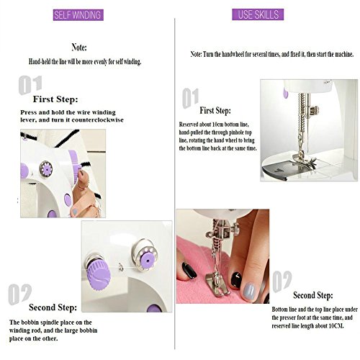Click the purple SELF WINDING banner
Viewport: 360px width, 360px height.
pos(78,15)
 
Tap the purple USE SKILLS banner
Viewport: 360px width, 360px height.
pos(258,14)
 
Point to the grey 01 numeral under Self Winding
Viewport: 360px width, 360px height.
pos(30,85)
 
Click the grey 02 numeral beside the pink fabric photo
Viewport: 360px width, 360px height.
pos(282,282)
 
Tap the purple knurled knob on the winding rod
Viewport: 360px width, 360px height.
pos(98,274)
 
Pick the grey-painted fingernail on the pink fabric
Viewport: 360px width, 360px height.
pos(248,291)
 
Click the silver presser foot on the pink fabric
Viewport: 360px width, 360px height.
pos(217,285)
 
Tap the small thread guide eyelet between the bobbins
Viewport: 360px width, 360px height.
pos(121,266)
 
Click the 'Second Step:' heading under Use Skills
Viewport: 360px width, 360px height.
pos(313,295)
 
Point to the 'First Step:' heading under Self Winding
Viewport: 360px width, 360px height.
pos(55,99)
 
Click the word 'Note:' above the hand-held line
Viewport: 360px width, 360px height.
pos(79,48)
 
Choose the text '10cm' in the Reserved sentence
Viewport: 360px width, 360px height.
pos(217,125)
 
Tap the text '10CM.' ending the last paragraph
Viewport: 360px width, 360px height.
pos(336,326)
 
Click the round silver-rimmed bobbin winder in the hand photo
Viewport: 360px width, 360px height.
pos(46,168)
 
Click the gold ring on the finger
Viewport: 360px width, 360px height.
pos(81,187)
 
